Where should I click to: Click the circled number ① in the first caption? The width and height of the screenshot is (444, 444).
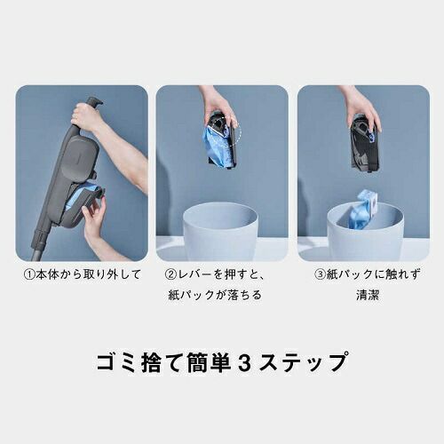click(x=28, y=274)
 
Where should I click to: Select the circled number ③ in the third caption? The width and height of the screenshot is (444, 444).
click(x=321, y=274)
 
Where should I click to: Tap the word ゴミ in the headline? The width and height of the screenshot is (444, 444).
click(x=115, y=362)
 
